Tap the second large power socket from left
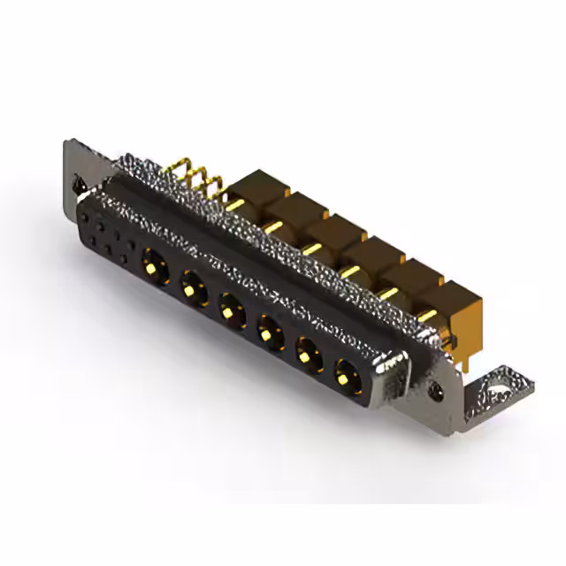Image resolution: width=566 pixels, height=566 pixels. (x=192, y=286)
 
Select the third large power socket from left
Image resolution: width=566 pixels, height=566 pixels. (x=231, y=310)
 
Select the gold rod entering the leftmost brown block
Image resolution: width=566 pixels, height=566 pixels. (x=235, y=205)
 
